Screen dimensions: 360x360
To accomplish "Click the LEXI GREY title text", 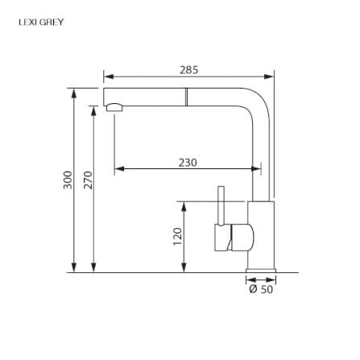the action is [x=41, y=22].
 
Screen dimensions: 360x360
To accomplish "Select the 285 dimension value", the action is [x=189, y=70].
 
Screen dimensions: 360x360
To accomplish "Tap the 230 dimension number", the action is [x=188, y=163].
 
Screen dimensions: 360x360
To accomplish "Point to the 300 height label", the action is [x=68, y=180].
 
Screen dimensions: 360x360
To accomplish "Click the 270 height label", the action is [x=88, y=180].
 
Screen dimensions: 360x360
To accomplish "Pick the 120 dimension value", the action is [x=177, y=236].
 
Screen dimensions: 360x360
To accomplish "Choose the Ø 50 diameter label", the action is [x=261, y=289].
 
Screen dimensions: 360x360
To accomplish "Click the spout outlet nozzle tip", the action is [x=114, y=107].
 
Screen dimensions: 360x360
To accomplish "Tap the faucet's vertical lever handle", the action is [x=221, y=205].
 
